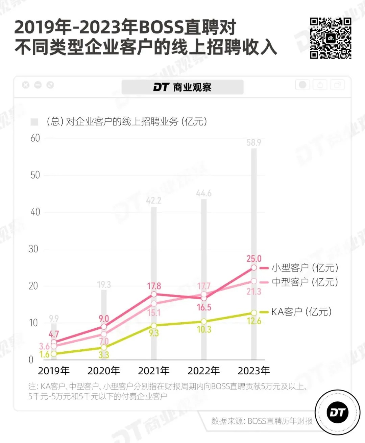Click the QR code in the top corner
point(331,38)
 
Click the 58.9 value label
point(253,142)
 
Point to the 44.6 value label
point(204,193)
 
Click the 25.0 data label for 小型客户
point(254,259)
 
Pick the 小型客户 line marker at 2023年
point(254,267)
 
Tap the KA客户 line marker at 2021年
point(154,326)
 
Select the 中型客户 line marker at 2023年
point(254,281)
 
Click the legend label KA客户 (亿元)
point(301,312)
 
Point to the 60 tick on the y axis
point(35,138)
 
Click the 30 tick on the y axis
point(33,249)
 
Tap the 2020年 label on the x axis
point(104,371)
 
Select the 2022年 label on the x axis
point(204,371)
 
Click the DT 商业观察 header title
point(182,87)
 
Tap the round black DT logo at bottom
point(337,413)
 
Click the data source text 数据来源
point(262,421)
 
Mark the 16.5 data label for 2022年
point(204,307)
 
